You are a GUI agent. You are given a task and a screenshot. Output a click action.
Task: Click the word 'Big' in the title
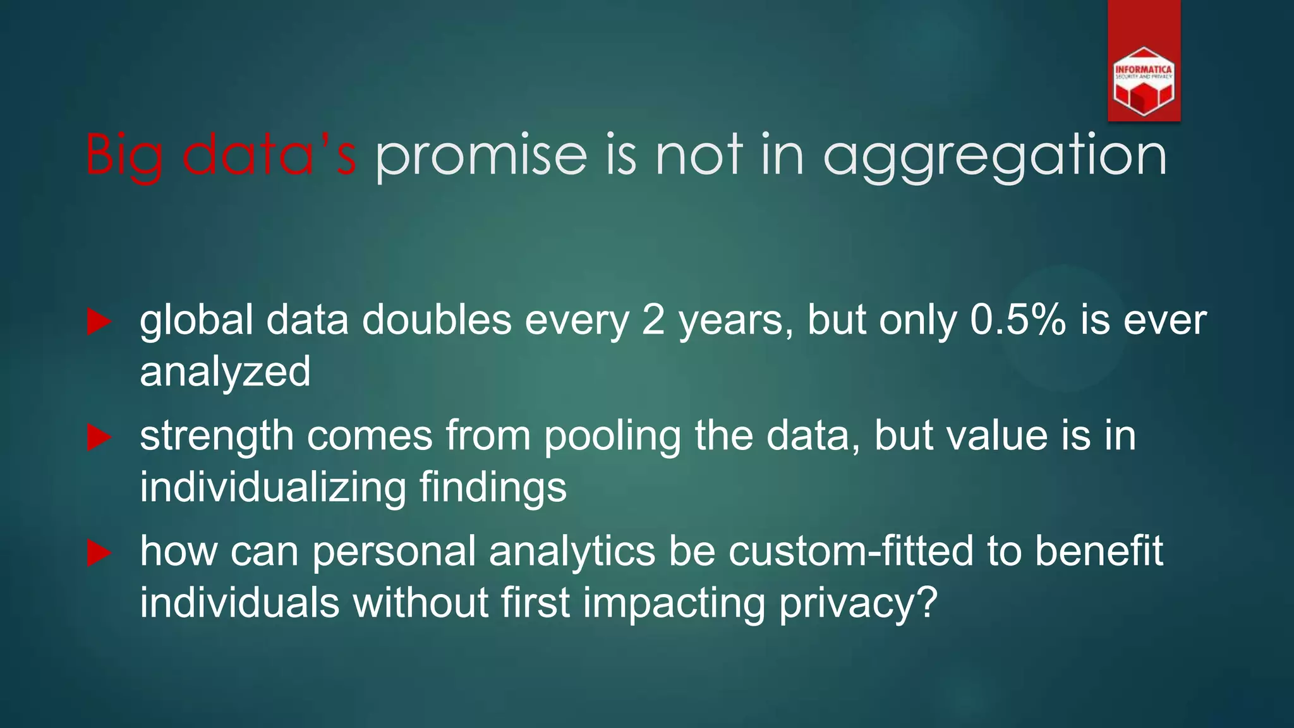(x=124, y=155)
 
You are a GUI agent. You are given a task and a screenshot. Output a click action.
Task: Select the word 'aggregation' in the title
(x=995, y=156)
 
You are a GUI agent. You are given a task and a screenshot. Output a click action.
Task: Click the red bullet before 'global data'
(x=99, y=322)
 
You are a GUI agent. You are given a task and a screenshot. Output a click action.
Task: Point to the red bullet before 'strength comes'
(x=99, y=437)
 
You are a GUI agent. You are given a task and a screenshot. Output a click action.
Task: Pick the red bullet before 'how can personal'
(x=99, y=553)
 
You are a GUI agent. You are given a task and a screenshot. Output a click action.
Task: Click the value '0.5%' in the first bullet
(x=1018, y=320)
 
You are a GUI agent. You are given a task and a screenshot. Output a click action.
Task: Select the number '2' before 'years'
(x=653, y=320)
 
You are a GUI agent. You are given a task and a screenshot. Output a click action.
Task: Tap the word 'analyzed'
(x=225, y=372)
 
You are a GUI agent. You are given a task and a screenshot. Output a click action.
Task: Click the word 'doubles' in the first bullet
(x=437, y=320)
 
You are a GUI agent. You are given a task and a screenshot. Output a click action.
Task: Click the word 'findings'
(x=493, y=487)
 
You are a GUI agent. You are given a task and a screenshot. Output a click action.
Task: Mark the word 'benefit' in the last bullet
(x=1099, y=551)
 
